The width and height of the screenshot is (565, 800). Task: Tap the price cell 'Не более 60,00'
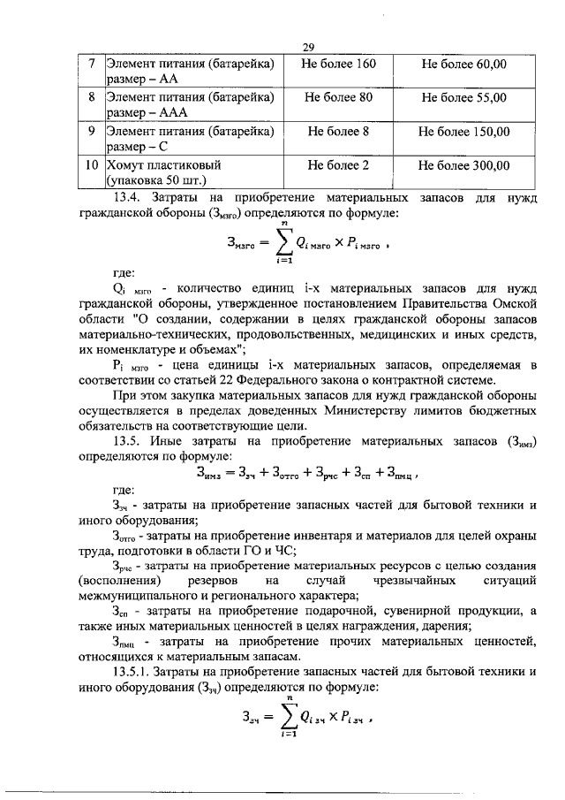pos(463,65)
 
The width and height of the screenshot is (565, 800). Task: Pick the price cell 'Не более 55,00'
pos(463,98)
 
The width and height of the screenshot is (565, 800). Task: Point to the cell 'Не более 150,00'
pos(463,132)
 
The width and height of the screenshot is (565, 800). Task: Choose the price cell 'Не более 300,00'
pos(463,165)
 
